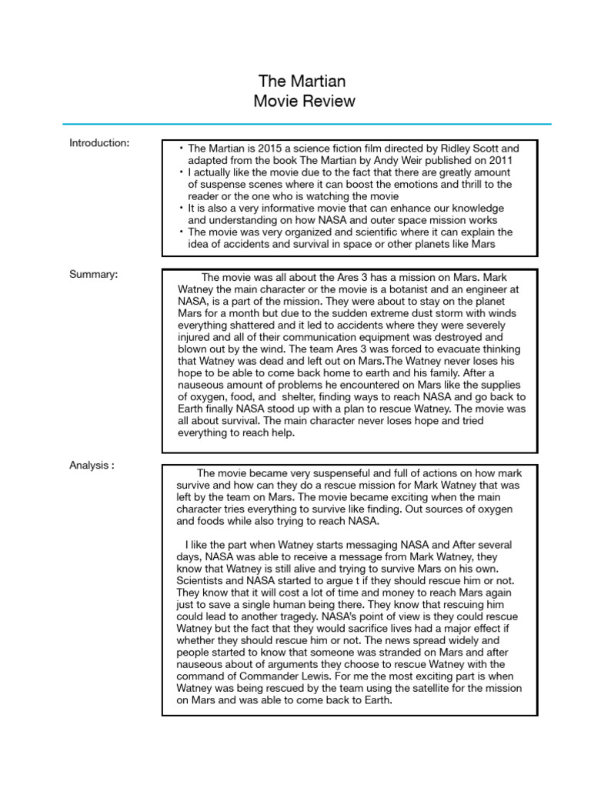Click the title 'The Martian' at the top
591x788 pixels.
(x=302, y=81)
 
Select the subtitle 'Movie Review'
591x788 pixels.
(x=302, y=102)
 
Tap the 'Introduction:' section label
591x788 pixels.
(x=99, y=142)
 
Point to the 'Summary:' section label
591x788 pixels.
(x=93, y=275)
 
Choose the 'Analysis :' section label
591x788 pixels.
(x=92, y=465)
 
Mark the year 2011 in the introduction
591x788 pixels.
(x=498, y=160)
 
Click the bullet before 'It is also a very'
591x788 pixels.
(x=181, y=209)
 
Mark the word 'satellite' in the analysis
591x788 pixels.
(x=390, y=688)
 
